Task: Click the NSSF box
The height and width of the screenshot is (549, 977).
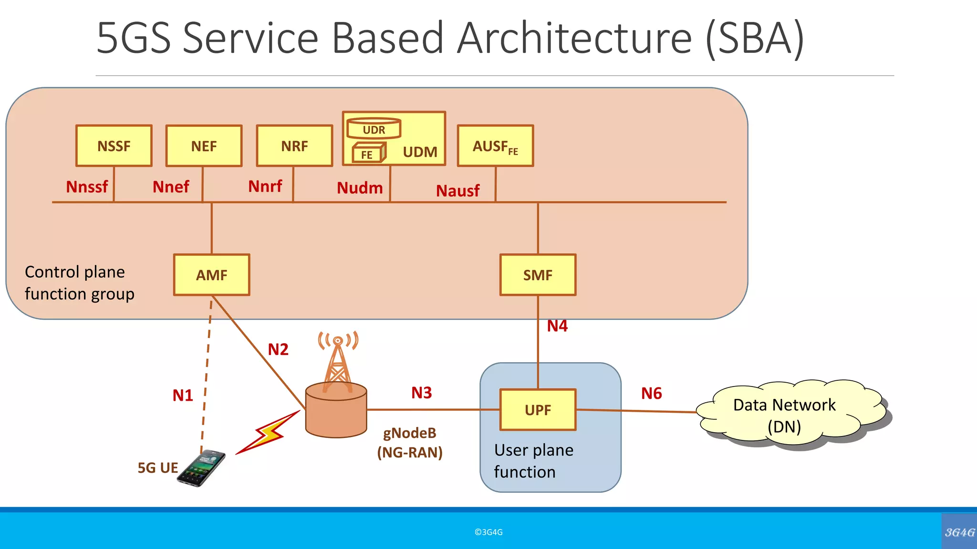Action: pyautogui.click(x=114, y=146)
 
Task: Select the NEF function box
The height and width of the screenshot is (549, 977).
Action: pyautogui.click(x=204, y=146)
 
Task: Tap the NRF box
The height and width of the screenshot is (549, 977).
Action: pyautogui.click(x=294, y=146)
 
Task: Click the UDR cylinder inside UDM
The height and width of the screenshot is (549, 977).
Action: pyautogui.click(x=374, y=129)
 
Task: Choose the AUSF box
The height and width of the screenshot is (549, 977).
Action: pyautogui.click(x=495, y=146)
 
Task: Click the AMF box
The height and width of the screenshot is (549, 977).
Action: pyautogui.click(x=212, y=275)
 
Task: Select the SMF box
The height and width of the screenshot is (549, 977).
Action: pyautogui.click(x=538, y=275)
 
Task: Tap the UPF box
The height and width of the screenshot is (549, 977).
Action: pyautogui.click(x=538, y=410)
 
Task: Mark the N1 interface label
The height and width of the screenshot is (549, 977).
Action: pyautogui.click(x=183, y=396)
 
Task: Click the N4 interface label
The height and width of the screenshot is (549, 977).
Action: pyautogui.click(x=557, y=326)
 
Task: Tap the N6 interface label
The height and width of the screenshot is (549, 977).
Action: pyautogui.click(x=651, y=394)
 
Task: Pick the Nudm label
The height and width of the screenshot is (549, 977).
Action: pyautogui.click(x=360, y=188)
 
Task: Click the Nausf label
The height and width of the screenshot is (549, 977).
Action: pyautogui.click(x=457, y=191)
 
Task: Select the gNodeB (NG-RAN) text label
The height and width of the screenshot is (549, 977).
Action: pyautogui.click(x=410, y=442)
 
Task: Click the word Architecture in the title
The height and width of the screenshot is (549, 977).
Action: pyautogui.click(x=574, y=38)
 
